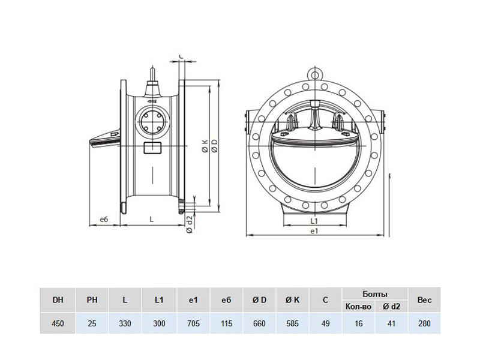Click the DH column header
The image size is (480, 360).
[58, 300]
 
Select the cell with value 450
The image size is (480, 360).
[58, 323]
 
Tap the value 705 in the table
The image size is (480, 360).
[193, 323]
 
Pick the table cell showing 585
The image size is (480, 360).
[292, 323]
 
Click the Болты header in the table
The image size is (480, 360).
[375, 295]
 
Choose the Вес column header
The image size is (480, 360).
[424, 300]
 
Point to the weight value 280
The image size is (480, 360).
[424, 323]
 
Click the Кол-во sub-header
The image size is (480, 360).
[358, 307]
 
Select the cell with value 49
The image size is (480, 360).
[325, 323]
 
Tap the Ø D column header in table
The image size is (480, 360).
[260, 300]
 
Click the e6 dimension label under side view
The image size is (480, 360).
[104, 219]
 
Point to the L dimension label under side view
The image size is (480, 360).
[152, 219]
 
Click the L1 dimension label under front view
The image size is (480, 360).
[314, 221]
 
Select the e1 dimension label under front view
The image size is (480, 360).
[314, 231]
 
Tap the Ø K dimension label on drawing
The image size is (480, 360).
[205, 146]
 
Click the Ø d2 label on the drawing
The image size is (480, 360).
[190, 224]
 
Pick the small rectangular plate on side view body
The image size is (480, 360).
[152, 148]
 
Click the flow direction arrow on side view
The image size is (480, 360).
[152, 101]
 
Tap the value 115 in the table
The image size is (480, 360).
[226, 323]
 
